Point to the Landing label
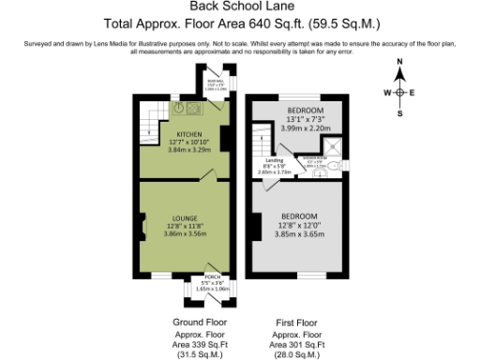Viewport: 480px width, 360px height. pyautogui.click(x=275, y=160)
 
